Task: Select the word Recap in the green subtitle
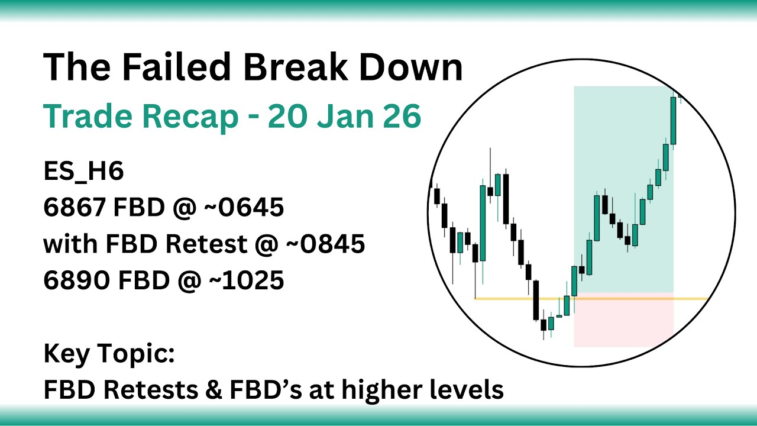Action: pos(190,117)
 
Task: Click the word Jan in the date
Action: pos(345,117)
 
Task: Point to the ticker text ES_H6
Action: pos(83,172)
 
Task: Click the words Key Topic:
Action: pos(109,354)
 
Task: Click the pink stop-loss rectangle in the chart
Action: pos(623,322)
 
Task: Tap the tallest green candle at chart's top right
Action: pos(674,121)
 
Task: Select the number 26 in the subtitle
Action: pos(404,117)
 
